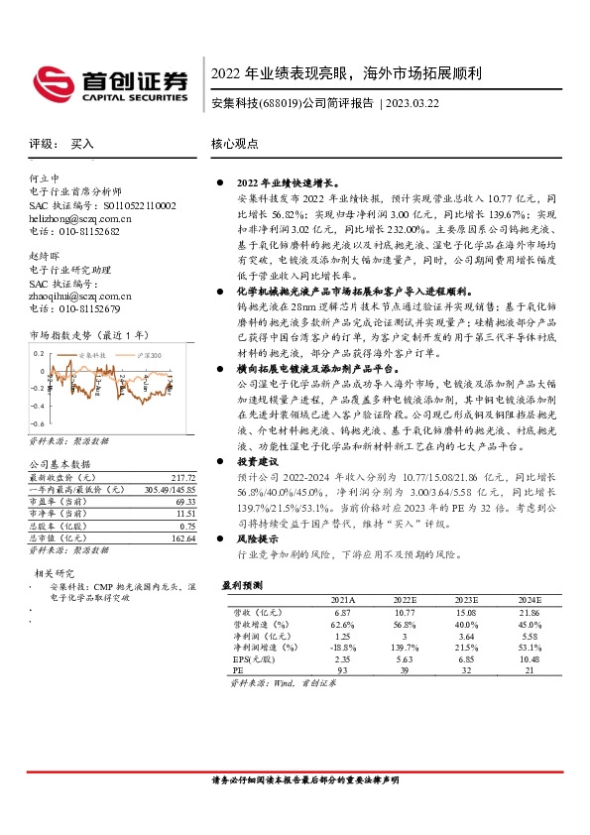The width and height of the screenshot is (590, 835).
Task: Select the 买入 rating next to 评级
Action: (81, 144)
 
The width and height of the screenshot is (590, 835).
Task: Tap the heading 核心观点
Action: (235, 144)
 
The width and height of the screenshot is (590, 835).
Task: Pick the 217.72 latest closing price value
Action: (183, 477)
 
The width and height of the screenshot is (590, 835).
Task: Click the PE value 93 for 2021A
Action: (343, 670)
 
